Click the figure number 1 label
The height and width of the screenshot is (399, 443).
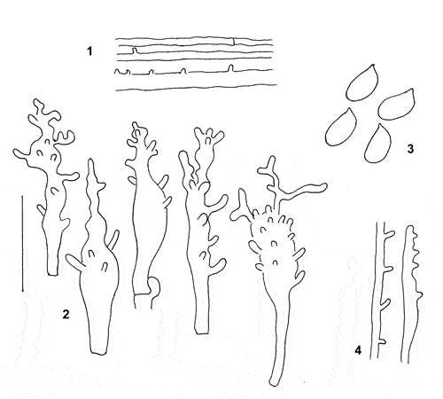pos(89,51)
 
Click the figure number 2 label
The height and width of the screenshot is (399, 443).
pos(66,314)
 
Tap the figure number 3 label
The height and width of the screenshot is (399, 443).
pos(410,149)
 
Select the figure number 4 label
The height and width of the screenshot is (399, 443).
pos(358,350)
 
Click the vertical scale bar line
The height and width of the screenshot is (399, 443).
pos(22,243)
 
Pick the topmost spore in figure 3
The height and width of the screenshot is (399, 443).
pos(362,82)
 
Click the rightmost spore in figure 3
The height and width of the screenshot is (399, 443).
pos(396,104)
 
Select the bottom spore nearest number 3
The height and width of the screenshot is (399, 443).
pos(378,144)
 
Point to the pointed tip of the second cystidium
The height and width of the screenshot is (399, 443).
pos(91,160)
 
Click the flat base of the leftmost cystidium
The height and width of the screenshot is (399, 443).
pos(53,275)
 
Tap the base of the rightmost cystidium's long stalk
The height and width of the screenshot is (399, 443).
pos(274,383)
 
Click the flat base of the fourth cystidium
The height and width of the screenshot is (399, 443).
pos(202,333)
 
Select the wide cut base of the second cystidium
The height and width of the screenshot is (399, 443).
pos(98,352)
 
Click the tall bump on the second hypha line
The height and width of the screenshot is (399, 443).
pos(135,51)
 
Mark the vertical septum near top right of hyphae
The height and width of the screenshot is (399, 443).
pos(234,42)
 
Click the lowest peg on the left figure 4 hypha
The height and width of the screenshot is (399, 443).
pos(382,341)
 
